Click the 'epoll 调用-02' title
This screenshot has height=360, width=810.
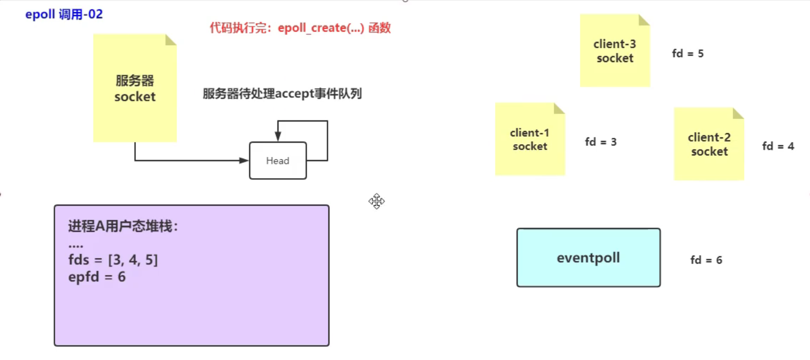64,14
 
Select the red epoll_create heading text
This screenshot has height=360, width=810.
300,28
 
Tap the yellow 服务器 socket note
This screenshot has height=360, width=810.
135,89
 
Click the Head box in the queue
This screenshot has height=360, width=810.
278,161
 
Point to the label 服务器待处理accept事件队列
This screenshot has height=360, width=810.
282,94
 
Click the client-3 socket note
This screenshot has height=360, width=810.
615,51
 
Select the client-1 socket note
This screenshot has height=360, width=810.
530,139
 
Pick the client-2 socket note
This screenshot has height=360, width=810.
709,144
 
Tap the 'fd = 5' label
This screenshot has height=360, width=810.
687,54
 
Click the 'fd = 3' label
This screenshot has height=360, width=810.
600,142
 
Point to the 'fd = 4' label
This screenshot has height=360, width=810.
778,146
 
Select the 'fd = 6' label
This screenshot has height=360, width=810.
706,260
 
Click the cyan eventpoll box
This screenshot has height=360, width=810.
588,258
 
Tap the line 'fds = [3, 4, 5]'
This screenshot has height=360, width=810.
113,261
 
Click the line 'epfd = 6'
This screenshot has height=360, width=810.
97,277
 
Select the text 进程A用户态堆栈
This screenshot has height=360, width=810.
123,226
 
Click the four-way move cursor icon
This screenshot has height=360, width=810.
377,201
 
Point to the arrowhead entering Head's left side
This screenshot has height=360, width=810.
245,160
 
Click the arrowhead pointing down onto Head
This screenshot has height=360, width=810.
278,137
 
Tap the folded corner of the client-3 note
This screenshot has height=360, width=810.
644,20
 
